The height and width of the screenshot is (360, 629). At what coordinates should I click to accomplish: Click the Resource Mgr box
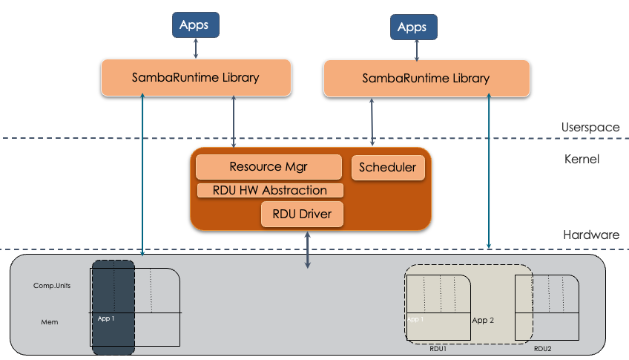pyautogui.click(x=269, y=167)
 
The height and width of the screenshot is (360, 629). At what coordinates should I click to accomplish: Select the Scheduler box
pyautogui.click(x=388, y=168)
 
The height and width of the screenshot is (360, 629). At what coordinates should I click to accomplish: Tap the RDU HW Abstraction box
pyautogui.click(x=270, y=191)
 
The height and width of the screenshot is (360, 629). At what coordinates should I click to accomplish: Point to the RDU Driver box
pyautogui.click(x=303, y=215)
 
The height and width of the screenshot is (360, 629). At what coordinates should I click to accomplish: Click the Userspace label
pyautogui.click(x=590, y=127)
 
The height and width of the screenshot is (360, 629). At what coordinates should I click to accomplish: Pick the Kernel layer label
pyautogui.click(x=582, y=159)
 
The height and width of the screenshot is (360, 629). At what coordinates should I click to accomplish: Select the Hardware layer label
pyautogui.click(x=591, y=235)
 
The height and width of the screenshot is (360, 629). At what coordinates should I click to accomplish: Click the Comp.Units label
pyautogui.click(x=52, y=286)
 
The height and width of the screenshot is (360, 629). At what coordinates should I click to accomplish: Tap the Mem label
pyautogui.click(x=50, y=321)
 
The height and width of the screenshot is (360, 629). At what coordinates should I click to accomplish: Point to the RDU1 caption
pyautogui.click(x=438, y=347)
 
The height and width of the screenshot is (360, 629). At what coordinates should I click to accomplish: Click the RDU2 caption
pyautogui.click(x=544, y=347)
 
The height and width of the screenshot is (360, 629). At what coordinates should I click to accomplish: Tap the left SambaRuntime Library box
pyautogui.click(x=196, y=77)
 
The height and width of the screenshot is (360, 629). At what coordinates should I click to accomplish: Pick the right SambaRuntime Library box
pyautogui.click(x=426, y=78)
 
